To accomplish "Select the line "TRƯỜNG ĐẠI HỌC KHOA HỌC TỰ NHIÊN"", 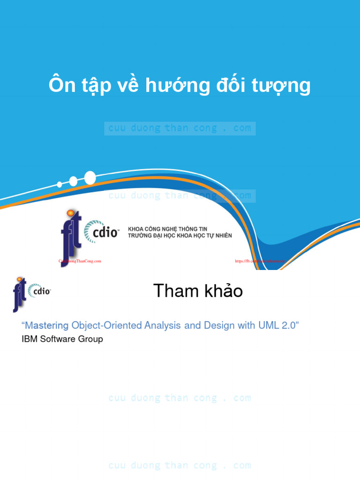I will (x=180, y=235).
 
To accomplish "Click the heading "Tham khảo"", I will (x=198, y=291).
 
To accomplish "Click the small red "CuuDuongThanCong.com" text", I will (x=80, y=261).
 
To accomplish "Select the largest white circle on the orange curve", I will (x=90, y=178).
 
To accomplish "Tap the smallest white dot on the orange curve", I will (x=60, y=184).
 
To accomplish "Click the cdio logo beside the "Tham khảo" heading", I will (x=39, y=291).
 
